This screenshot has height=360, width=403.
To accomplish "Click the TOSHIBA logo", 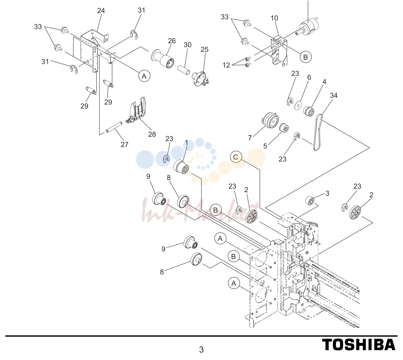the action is click(x=359, y=345).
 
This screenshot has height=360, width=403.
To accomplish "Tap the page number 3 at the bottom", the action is click(x=201, y=349).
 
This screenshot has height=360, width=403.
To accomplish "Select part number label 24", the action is click(x=101, y=11).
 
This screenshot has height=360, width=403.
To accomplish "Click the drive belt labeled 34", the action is click(x=317, y=132).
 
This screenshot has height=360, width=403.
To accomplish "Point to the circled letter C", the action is click(x=236, y=157).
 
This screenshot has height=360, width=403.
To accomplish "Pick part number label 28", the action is click(x=152, y=134).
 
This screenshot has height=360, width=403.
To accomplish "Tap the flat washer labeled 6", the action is click(x=298, y=105).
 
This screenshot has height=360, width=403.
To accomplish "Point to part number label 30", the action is click(x=188, y=45).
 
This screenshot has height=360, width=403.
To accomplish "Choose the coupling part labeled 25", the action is click(x=201, y=78).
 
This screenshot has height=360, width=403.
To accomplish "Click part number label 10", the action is click(x=274, y=18).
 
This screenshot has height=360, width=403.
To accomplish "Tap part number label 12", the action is click(x=226, y=65).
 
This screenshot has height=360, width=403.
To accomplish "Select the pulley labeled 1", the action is click(x=182, y=167).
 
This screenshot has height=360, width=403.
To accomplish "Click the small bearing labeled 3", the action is click(x=310, y=200).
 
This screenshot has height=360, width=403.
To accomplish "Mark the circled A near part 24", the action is click(x=144, y=76).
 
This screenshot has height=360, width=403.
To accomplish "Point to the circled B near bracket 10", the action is click(x=305, y=57).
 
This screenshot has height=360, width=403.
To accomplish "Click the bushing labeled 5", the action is click(x=284, y=128).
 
